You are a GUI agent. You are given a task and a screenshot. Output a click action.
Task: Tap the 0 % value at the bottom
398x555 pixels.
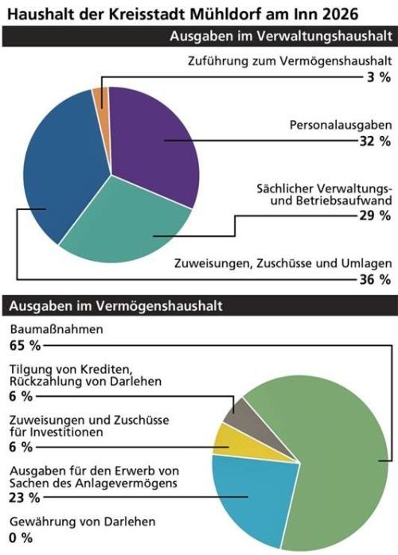pyautogui.click(x=21, y=538)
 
